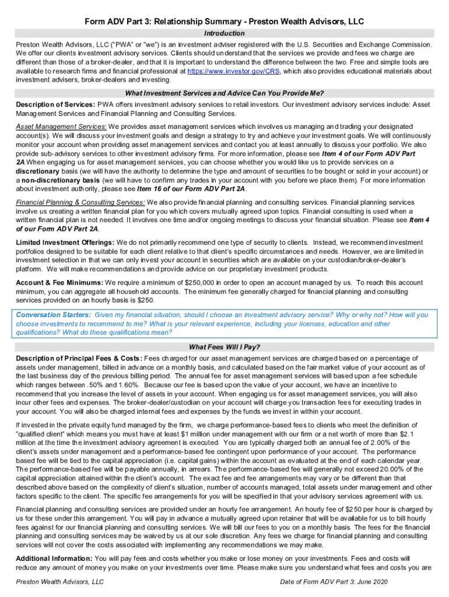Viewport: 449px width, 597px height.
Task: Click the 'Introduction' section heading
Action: (224, 34)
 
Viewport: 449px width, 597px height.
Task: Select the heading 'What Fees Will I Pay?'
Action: (224, 347)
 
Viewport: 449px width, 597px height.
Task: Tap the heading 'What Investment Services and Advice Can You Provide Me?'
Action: (224, 93)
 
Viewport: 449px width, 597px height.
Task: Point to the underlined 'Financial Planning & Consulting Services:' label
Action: (80, 202)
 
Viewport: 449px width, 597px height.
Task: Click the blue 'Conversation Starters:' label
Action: (53, 315)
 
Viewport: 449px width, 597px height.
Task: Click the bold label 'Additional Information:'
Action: (54, 559)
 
